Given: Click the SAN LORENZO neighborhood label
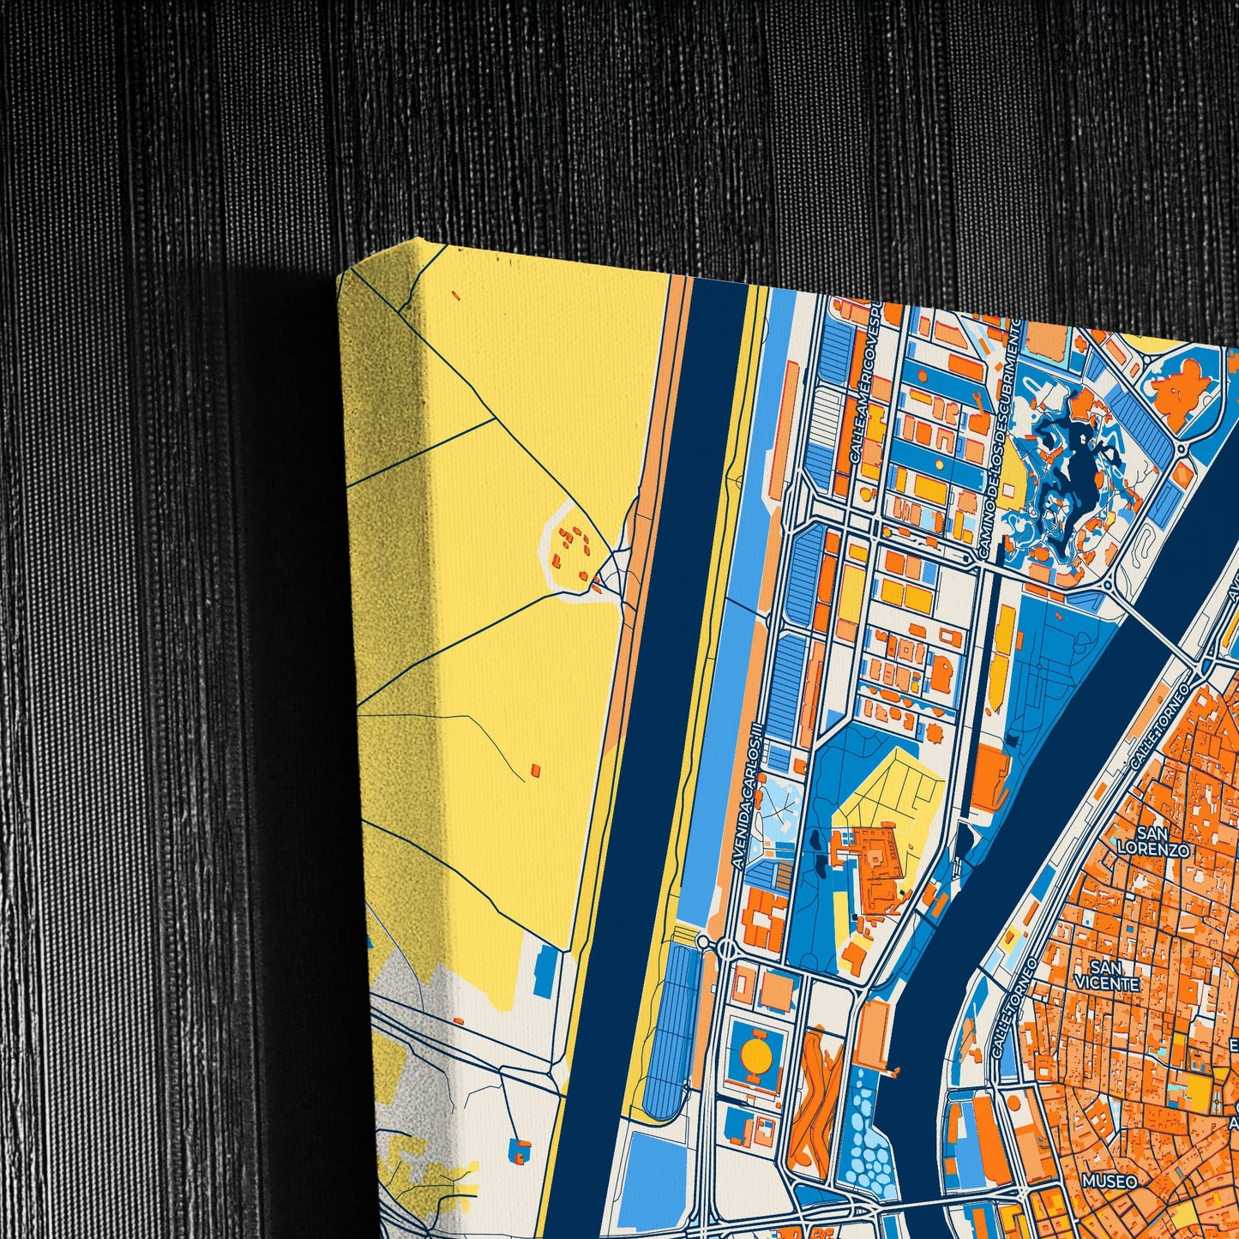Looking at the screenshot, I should click(1153, 840).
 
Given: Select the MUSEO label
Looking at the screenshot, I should click(1109, 1181).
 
